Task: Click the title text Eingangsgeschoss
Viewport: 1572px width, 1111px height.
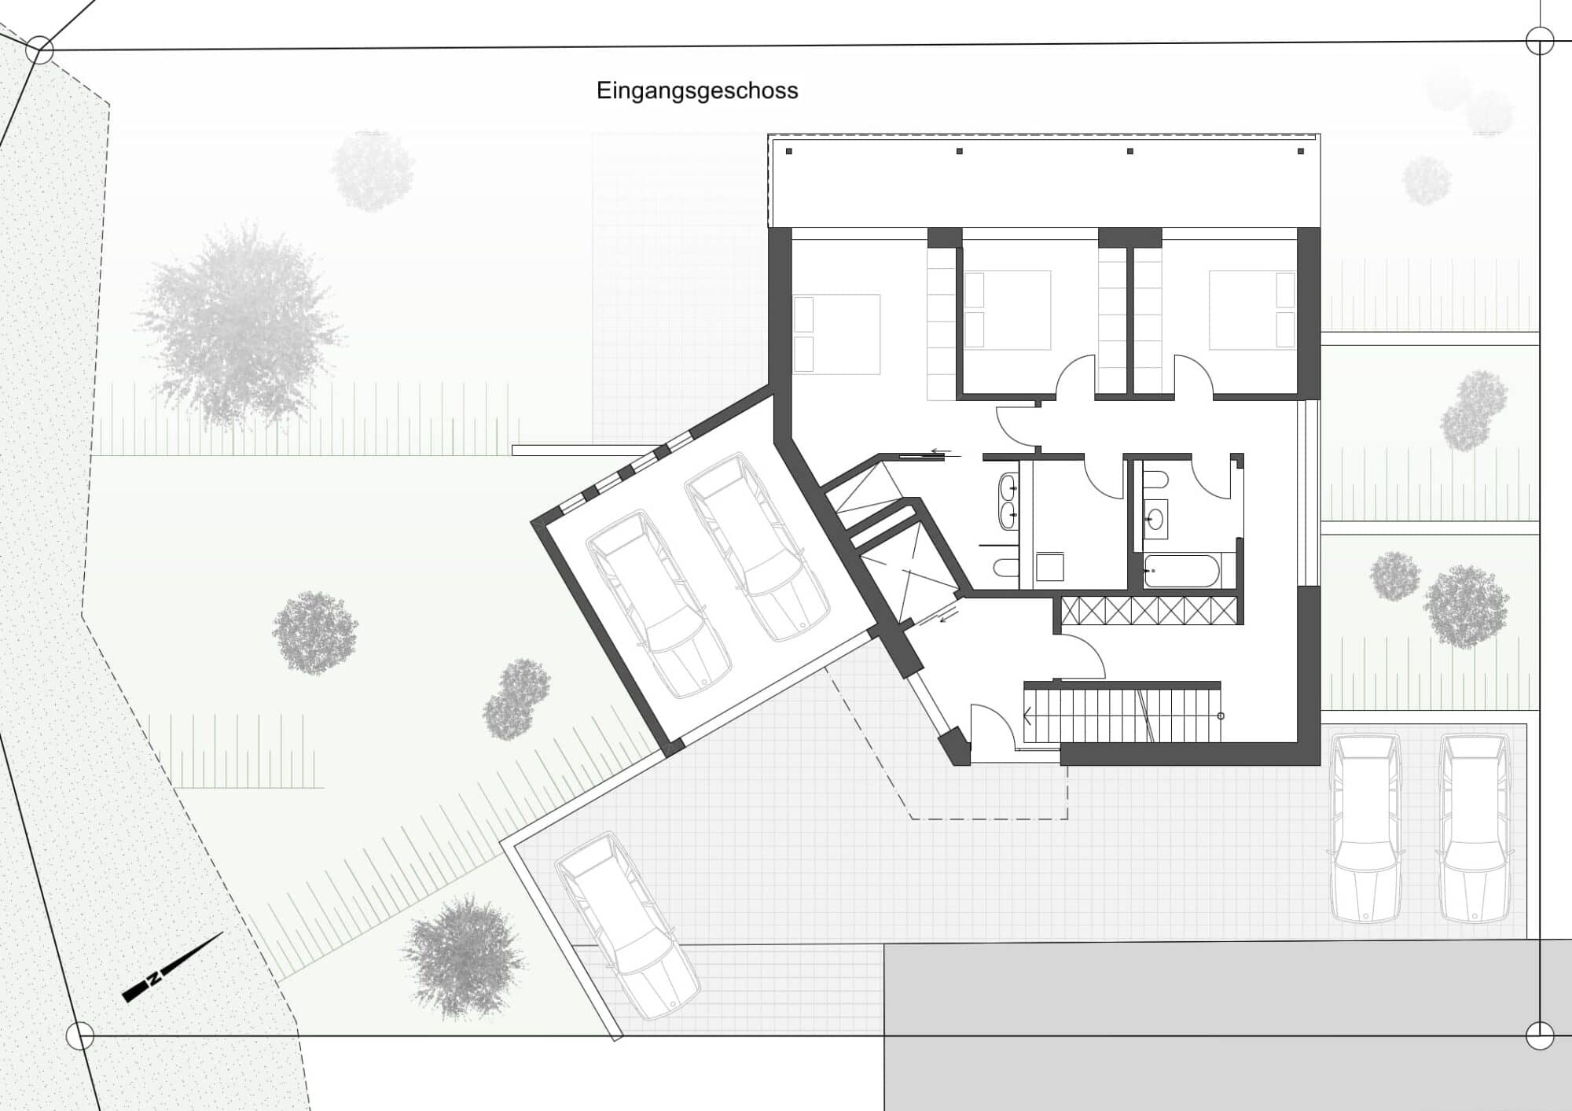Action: point(697,90)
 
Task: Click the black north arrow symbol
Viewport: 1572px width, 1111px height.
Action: point(173,968)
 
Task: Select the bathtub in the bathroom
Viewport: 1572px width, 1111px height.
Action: point(1181,571)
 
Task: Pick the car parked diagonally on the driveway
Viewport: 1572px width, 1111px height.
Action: point(627,926)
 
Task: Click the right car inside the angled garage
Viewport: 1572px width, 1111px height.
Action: point(756,547)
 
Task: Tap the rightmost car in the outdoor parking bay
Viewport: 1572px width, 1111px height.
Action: point(1475,828)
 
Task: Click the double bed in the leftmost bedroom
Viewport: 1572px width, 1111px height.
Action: point(836,334)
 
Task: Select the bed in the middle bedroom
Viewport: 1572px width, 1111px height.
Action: point(1008,311)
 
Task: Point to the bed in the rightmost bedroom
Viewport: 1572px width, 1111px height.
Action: point(1252,310)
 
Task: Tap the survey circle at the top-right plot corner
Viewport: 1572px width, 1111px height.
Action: point(1540,41)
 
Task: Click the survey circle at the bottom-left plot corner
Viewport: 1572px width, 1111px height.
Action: point(80,1036)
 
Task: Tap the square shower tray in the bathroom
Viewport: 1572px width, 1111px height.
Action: point(1050,567)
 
